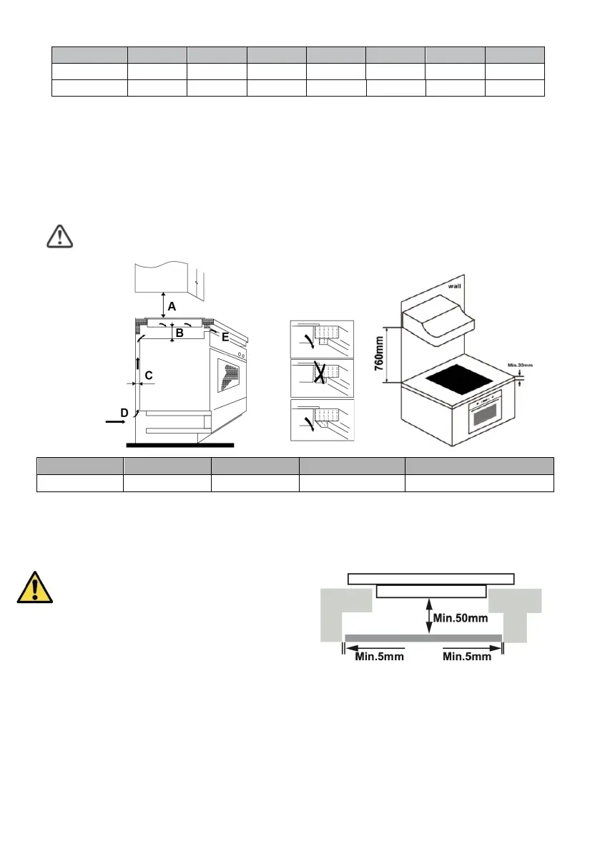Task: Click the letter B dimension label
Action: (179, 333)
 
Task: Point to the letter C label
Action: (149, 375)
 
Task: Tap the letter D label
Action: (124, 413)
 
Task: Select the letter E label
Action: (225, 337)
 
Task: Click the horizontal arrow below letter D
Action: (114, 423)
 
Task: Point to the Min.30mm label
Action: (519, 365)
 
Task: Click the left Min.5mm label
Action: (380, 657)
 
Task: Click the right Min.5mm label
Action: (467, 657)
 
